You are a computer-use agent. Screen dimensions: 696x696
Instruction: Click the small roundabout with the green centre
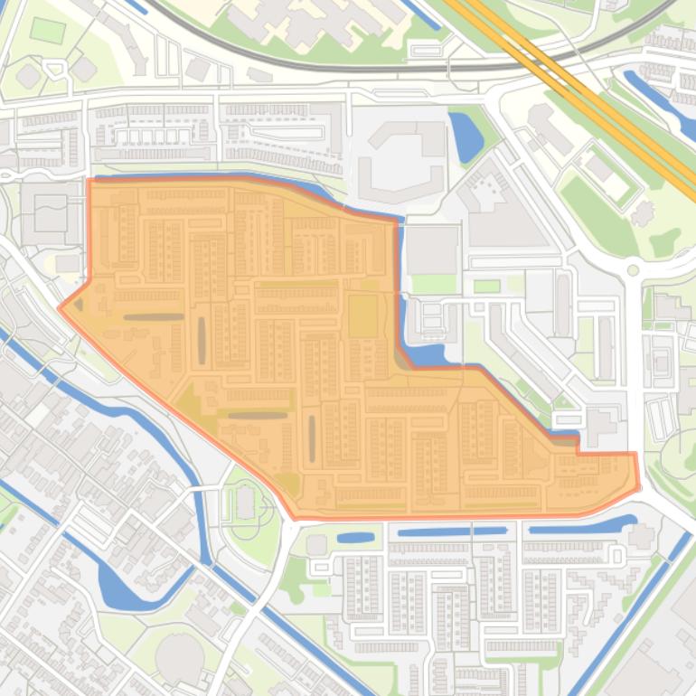click(x=633, y=269)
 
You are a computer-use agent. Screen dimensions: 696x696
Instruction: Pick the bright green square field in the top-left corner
click(x=47, y=30)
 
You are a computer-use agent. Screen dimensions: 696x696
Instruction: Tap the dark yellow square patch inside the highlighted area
click(x=363, y=315)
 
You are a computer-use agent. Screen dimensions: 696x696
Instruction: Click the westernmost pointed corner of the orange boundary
click(x=60, y=307)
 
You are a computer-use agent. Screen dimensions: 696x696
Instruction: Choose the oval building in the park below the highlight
click(x=246, y=503)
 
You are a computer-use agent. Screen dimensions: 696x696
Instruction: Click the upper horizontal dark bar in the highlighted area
click(x=154, y=317)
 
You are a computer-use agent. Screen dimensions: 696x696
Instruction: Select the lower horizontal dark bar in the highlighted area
click(x=258, y=416)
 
